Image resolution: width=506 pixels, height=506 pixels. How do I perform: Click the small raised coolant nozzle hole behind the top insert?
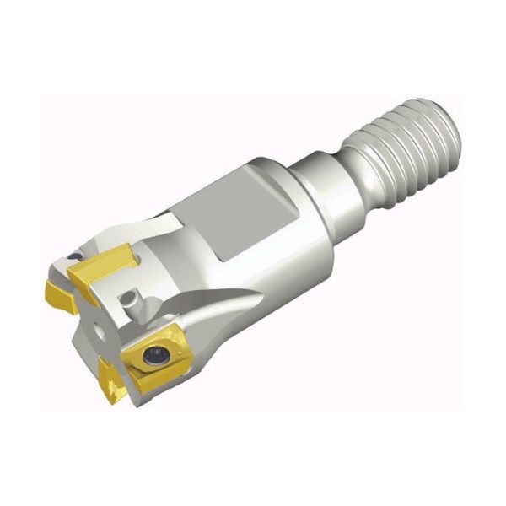click(x=129, y=299)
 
